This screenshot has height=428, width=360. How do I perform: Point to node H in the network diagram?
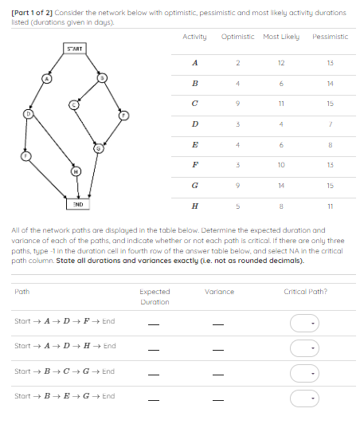tap(76, 171)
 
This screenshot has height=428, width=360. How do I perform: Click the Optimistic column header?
tap(237, 37)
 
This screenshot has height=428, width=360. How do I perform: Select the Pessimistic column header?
tap(329, 37)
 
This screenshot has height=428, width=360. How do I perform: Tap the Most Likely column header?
tap(281, 37)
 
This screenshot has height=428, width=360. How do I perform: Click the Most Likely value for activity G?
tap(281, 183)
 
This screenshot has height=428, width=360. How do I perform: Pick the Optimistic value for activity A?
tap(237, 62)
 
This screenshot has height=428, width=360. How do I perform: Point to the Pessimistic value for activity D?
tap(329, 123)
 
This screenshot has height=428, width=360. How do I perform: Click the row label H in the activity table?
tap(195, 204)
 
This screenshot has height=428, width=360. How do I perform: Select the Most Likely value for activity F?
tap(281, 163)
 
